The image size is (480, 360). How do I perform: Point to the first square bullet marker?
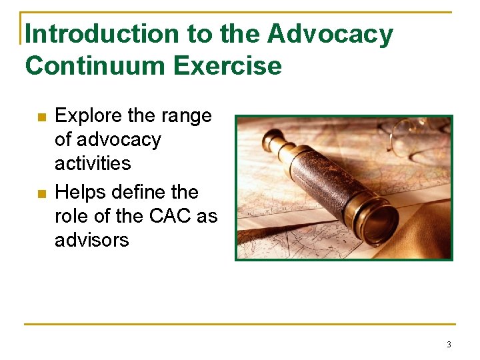(x=41, y=118)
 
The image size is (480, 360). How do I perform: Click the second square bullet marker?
(x=41, y=195)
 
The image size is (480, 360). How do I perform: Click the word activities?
(x=93, y=163)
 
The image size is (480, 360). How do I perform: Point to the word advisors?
(x=91, y=239)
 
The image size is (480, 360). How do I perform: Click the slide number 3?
(x=449, y=345)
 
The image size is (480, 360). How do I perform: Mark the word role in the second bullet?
(x=69, y=216)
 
